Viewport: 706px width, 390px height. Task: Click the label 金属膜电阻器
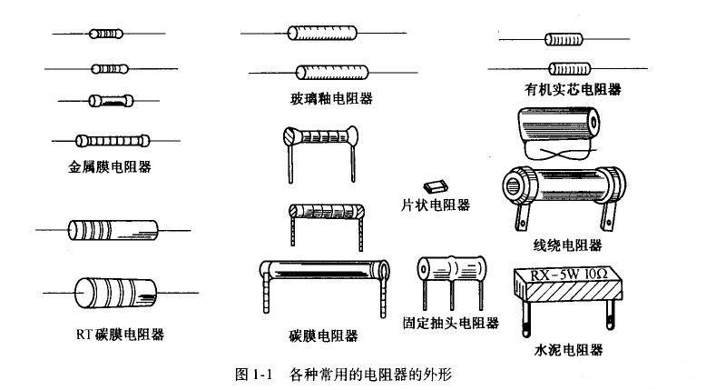point(108,166)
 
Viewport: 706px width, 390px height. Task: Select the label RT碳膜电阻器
point(120,334)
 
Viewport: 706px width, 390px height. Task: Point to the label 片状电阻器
point(436,205)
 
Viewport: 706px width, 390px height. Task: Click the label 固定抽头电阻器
point(450,323)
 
